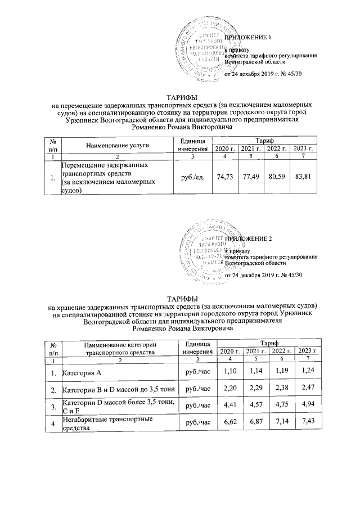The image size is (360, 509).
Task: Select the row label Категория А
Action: click(82, 373)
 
